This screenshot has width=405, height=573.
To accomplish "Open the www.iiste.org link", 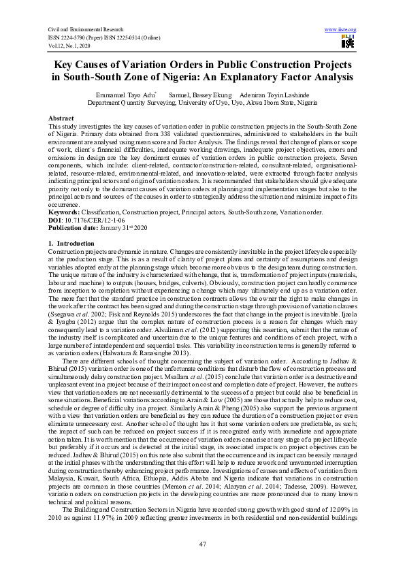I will pos(342,29).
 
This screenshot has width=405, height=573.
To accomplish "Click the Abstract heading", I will pos(61,118).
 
